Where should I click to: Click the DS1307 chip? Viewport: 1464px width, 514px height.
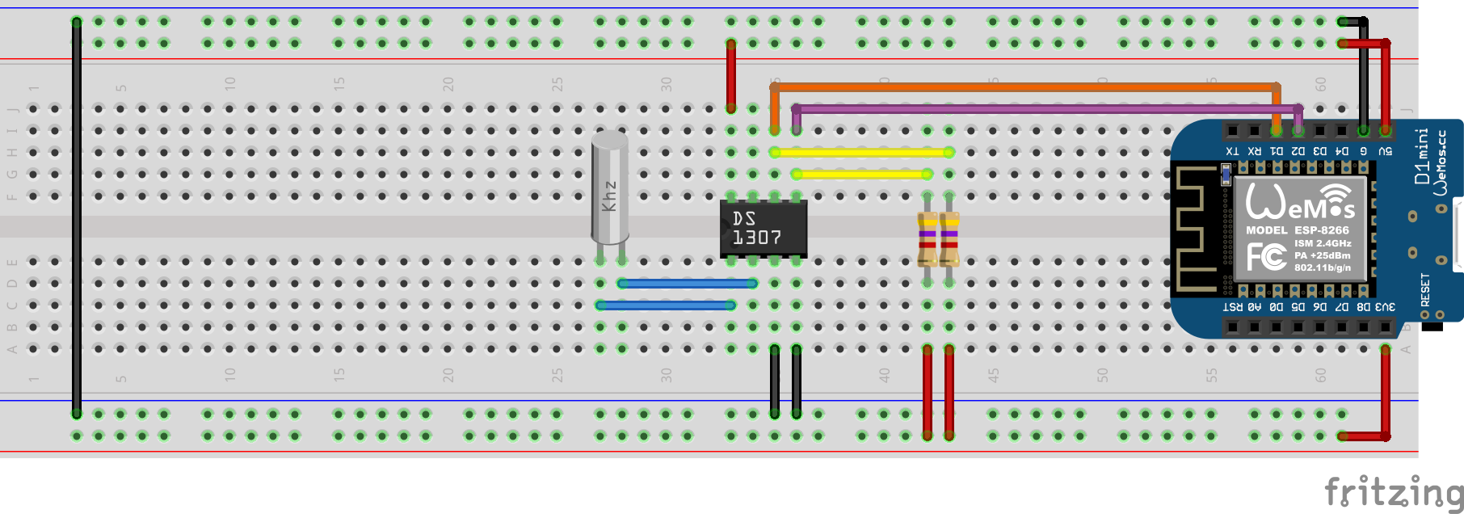click(763, 229)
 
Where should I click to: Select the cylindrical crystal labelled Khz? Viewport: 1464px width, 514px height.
click(610, 190)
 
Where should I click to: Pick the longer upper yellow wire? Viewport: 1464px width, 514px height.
click(861, 152)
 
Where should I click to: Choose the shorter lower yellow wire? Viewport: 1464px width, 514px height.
click(861, 174)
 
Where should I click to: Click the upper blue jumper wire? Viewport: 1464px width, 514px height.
click(687, 284)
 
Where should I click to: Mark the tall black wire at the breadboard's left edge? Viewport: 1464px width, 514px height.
click(77, 218)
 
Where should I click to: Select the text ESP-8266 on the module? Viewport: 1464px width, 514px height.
click(1322, 230)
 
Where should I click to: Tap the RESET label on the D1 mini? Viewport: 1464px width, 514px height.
click(1425, 289)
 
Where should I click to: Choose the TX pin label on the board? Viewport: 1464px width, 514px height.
click(1231, 151)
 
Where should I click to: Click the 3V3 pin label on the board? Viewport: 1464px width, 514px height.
click(1386, 307)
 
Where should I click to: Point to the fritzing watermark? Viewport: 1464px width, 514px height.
click(1393, 491)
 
